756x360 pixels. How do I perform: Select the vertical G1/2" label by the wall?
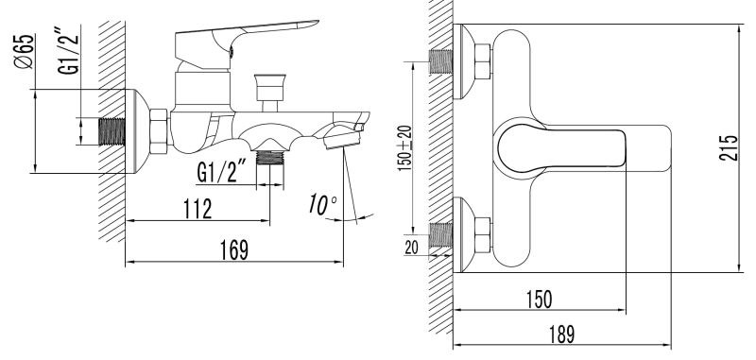(68, 49)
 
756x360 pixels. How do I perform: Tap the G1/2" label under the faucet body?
(222, 173)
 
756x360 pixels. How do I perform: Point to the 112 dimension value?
(198, 208)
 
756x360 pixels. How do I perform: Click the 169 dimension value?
(234, 249)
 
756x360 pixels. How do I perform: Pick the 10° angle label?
(322, 205)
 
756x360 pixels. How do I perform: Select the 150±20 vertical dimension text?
(405, 148)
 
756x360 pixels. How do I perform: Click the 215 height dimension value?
(728, 148)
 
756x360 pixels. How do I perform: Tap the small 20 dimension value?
(411, 248)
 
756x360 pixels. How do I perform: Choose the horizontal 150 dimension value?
(538, 300)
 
